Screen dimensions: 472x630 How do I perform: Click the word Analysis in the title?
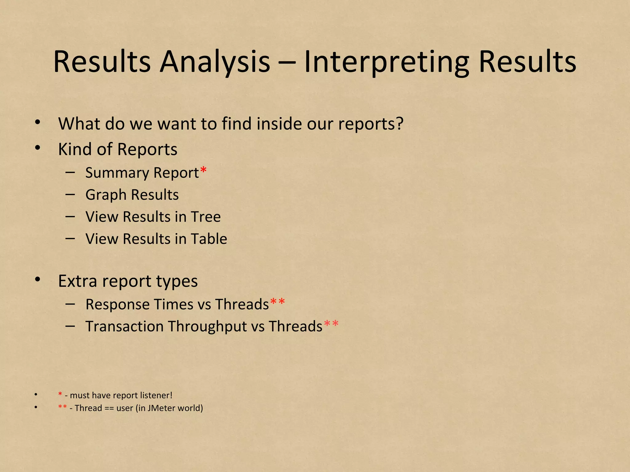(x=215, y=62)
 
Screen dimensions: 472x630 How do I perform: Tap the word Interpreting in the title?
(x=387, y=62)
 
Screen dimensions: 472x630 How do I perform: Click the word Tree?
(x=205, y=217)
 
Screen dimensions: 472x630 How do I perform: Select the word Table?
(x=209, y=239)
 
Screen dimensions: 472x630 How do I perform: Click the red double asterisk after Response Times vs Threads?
(x=277, y=302)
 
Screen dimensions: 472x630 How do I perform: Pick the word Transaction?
(x=124, y=326)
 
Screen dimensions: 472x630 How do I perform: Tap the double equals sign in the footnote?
(x=109, y=408)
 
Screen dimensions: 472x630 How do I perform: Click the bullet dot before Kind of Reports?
(x=38, y=148)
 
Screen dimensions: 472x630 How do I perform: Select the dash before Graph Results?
(x=70, y=195)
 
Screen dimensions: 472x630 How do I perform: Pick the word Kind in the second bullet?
(x=75, y=149)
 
